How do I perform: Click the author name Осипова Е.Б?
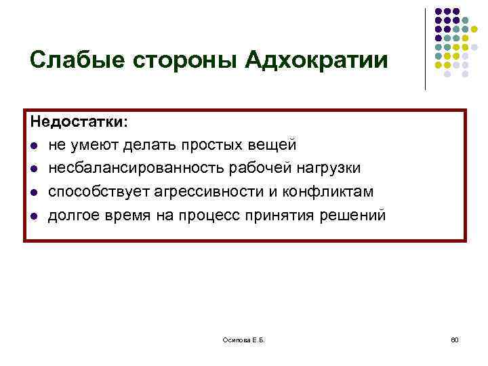(x=246, y=338)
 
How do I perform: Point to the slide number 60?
(x=455, y=338)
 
